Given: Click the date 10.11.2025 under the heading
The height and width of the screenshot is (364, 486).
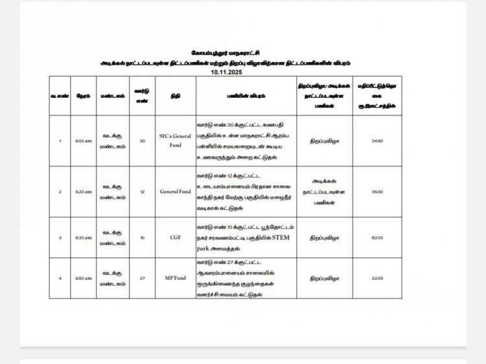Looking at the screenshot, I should click(226, 73).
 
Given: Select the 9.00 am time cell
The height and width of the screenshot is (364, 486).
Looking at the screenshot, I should click(83, 141).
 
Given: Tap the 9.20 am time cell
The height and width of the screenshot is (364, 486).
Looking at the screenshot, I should click(83, 192).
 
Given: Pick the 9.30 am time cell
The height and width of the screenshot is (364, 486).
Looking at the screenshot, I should click(83, 238).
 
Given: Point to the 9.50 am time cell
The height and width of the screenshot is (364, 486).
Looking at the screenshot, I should click(83, 279).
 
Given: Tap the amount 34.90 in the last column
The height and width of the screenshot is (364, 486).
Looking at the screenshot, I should click(377, 141).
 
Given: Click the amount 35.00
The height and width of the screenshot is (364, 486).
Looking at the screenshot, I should click(377, 192).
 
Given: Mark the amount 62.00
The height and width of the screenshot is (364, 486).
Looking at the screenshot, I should click(377, 238).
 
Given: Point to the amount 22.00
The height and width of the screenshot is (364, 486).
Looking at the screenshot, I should click(377, 279).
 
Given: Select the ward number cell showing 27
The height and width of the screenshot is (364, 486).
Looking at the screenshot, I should click(142, 279).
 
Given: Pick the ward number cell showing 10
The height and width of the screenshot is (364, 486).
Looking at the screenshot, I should click(142, 238).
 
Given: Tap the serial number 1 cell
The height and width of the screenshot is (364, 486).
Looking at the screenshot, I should click(60, 141).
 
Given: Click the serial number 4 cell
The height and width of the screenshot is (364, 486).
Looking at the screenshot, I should click(60, 279).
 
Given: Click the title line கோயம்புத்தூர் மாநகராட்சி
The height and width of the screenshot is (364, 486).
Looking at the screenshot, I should click(226, 52).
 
